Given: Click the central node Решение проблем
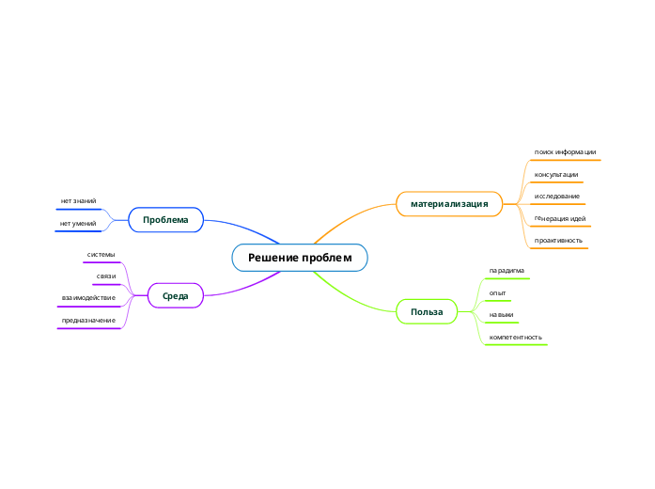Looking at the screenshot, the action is coord(300,258).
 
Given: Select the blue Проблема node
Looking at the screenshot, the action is coord(165,220).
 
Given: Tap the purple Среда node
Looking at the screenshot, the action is coord(175,296).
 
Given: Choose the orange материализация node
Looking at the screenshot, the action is coord(449,204).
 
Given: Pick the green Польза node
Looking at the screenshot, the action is coord(427,311).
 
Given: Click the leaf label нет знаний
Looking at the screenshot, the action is coord(78,201).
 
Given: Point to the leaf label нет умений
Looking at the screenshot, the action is coord(78,224).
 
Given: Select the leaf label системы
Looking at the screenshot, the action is coord(101,255).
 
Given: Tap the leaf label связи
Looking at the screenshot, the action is coord(105,276).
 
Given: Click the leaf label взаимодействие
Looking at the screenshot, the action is coord(88,298).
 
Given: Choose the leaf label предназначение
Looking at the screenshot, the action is coord(88,321).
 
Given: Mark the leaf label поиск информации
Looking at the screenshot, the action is coord(565,152).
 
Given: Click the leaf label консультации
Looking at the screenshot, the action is coord(556,175).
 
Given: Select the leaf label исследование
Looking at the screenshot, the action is coord(556,197).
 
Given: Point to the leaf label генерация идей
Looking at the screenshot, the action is coord(560,218).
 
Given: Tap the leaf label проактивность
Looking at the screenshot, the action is coord(558,241).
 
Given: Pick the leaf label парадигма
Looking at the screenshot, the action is coord(507,271).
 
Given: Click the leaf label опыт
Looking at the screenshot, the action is coord(498,293).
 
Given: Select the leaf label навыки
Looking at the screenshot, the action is coord(501,315).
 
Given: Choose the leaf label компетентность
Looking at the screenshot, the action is coord(515,337).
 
